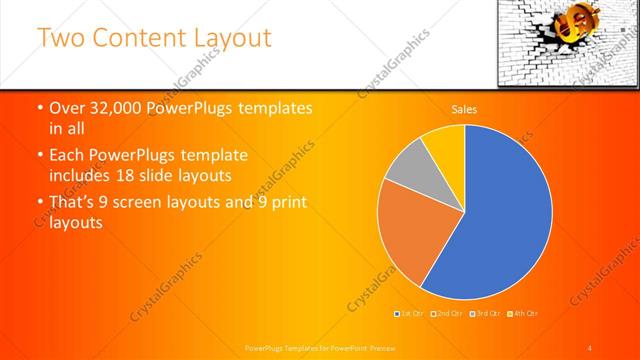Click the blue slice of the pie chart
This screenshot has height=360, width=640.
[x=500, y=220]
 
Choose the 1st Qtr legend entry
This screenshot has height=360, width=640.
[x=411, y=314]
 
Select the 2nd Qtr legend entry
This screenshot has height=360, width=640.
[x=447, y=314]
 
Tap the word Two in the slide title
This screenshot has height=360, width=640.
[x=59, y=39]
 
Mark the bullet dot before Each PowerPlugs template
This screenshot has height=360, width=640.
[x=39, y=157]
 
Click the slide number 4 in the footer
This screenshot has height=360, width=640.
[x=590, y=348]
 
